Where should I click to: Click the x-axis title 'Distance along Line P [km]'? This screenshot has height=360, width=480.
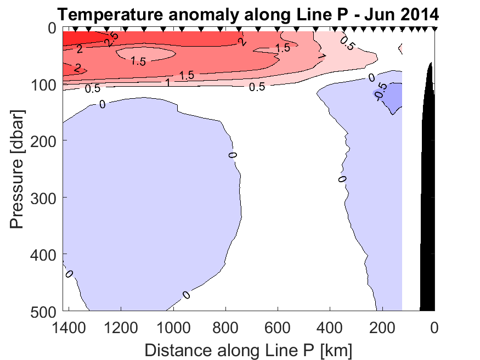(248, 349)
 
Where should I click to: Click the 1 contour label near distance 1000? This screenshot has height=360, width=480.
(167, 82)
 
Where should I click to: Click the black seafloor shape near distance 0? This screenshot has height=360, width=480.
(428, 220)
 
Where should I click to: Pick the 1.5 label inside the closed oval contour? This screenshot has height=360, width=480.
(138, 62)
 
